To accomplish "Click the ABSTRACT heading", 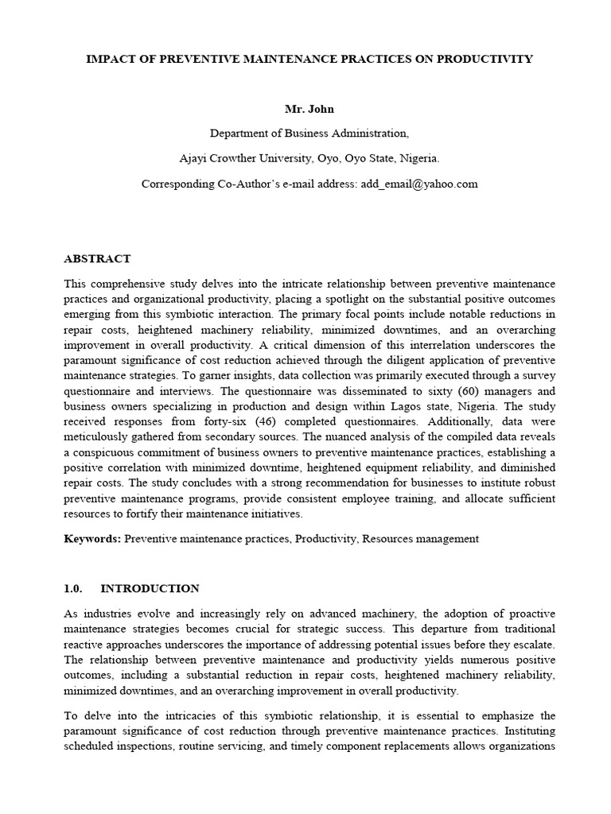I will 97,258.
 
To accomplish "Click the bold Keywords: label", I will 92,538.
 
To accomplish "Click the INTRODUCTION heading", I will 150,588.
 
